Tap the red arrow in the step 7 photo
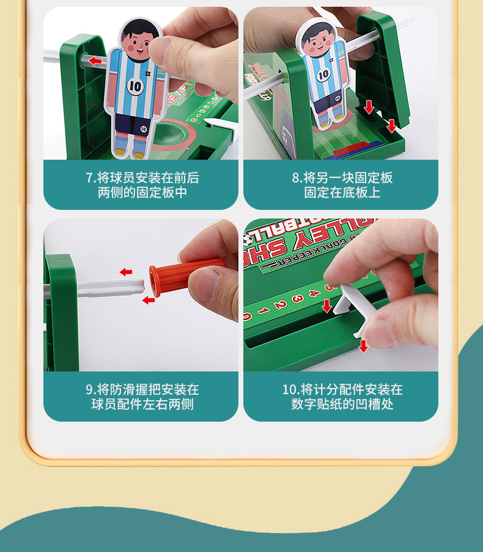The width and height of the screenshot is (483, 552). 95,61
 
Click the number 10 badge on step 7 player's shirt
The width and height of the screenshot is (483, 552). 135,86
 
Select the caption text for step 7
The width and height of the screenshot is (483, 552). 141,185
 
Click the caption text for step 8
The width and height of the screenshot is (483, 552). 341,185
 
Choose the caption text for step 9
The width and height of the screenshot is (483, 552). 141,397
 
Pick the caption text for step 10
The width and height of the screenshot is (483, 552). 341,397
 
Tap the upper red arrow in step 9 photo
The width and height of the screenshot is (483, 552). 125,272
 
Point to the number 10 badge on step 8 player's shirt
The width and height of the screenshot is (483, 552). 323,75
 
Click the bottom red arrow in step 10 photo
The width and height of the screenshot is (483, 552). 363,346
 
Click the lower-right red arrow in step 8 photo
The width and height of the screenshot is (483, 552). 391,126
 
